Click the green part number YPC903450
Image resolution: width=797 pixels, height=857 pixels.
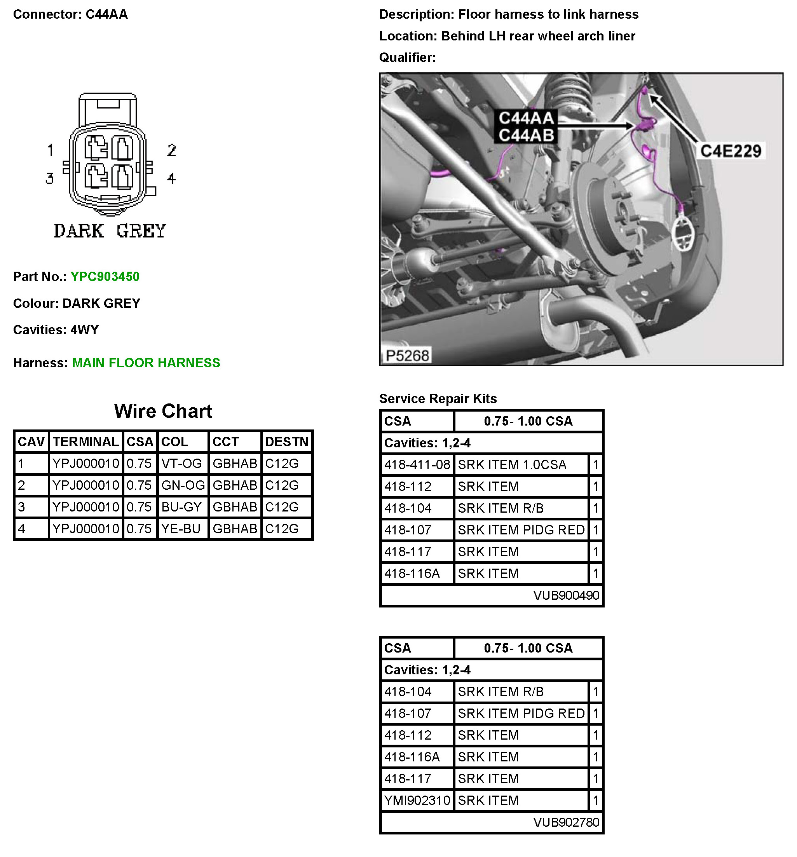click(105, 276)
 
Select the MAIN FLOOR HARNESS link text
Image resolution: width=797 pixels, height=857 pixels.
click(146, 363)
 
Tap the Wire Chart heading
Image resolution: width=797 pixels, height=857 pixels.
click(163, 411)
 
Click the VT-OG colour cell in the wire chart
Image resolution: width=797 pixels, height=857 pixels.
click(181, 463)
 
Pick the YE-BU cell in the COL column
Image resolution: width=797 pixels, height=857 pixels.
click(181, 529)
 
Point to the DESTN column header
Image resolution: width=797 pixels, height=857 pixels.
click(286, 442)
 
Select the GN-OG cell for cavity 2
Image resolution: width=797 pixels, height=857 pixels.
click(183, 485)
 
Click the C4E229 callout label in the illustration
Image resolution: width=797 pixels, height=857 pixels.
click(730, 151)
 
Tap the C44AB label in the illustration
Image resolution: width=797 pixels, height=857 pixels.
click(526, 135)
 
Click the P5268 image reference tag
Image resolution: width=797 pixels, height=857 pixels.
click(407, 355)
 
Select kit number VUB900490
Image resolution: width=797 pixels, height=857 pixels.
click(566, 595)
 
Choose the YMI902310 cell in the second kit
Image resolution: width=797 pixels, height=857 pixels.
click(417, 800)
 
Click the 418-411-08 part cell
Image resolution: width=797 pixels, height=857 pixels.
click(417, 464)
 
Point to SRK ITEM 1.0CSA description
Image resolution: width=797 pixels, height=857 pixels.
click(512, 464)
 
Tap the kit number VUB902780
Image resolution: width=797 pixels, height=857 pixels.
click(566, 822)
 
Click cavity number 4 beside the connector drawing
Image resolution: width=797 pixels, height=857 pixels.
click(171, 178)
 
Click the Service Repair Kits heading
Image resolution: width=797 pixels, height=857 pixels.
click(438, 398)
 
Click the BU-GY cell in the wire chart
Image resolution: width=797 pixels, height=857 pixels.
click(181, 507)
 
